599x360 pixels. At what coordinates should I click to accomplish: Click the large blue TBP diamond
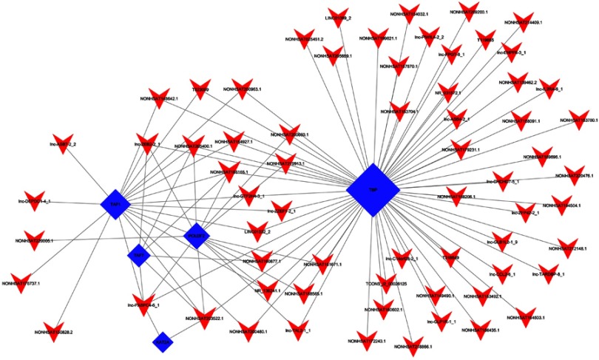tap(373, 190)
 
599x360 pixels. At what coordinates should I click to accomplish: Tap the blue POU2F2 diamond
tap(196, 236)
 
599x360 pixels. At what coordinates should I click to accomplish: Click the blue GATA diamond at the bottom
tap(163, 342)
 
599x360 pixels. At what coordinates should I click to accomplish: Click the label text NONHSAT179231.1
tap(458, 149)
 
